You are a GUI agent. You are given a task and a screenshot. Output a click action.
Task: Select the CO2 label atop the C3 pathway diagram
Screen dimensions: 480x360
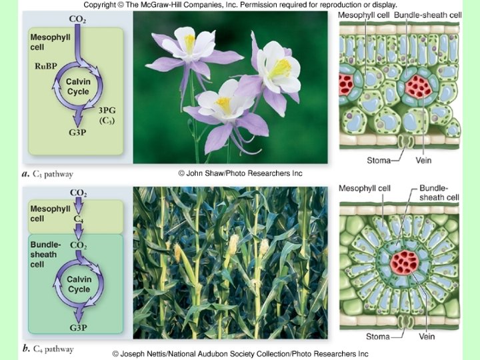pyautogui.click(x=79, y=21)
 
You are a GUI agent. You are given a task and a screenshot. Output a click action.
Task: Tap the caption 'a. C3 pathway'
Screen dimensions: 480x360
pyautogui.click(x=47, y=174)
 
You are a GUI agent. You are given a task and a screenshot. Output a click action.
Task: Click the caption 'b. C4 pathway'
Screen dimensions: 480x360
pyautogui.click(x=47, y=348)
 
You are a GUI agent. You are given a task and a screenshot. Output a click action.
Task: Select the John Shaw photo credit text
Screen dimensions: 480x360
pyautogui.click(x=240, y=173)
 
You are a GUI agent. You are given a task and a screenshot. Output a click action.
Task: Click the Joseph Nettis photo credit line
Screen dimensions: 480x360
pyautogui.click(x=240, y=353)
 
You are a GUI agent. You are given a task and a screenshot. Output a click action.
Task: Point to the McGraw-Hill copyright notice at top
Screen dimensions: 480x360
pyautogui.click(x=240, y=5)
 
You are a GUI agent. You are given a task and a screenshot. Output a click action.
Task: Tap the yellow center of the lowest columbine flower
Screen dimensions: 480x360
pyautogui.click(x=223, y=105)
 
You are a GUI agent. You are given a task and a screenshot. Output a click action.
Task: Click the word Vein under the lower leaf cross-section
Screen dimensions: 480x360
pyautogui.click(x=427, y=337)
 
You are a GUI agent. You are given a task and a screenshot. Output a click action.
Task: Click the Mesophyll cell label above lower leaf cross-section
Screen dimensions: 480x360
pyautogui.click(x=365, y=189)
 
